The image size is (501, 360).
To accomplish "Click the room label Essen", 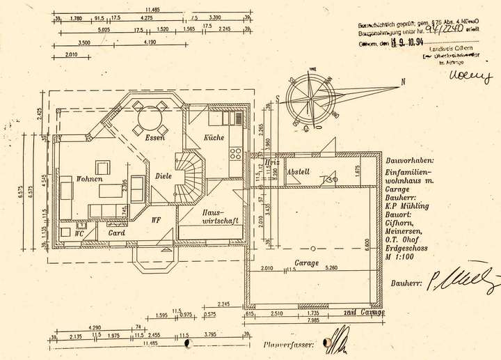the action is point(154,138).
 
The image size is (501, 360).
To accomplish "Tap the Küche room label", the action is point(214,137).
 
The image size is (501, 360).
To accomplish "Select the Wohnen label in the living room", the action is point(90,179).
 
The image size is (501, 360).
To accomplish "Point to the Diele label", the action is point(164,176).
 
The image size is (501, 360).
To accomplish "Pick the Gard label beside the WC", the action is point(116,233).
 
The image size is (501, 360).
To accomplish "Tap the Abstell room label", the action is point(298,172).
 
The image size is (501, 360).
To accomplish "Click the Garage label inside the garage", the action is point(306,263).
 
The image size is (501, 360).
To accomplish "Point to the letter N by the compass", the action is point(403,82).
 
